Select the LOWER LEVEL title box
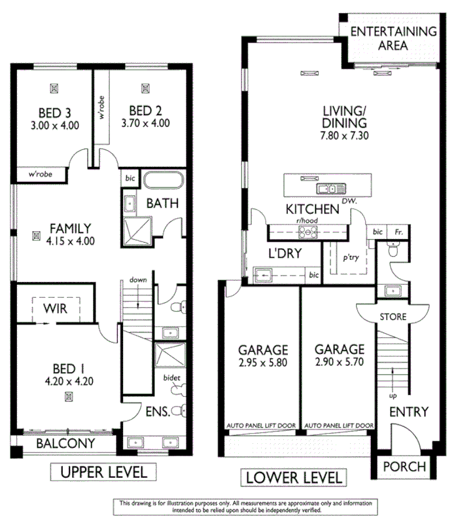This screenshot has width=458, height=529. tap(294, 477)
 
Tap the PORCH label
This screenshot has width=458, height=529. tap(404, 467)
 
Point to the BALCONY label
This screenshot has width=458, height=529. tap(65, 443)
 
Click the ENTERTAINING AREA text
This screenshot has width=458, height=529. tap(393, 38)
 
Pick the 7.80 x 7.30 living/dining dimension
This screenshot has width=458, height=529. tap(344, 136)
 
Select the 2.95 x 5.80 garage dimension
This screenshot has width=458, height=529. tap(263, 361)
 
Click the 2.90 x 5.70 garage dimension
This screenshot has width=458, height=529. tap(338, 361)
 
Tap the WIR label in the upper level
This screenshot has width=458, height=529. tap(56, 307)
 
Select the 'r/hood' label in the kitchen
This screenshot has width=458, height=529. tap(306, 221)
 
